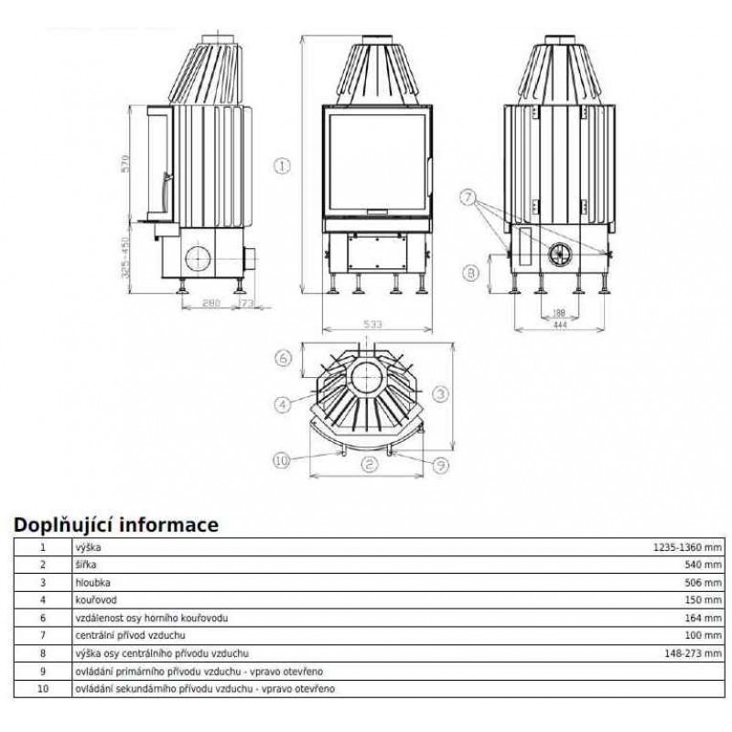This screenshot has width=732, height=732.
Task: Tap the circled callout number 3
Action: click(439, 393)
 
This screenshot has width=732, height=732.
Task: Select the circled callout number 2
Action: click(368, 465)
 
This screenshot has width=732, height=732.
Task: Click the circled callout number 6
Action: click(284, 358)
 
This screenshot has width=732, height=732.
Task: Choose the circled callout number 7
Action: click(468, 197)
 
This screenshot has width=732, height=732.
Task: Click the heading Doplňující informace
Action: click(114, 525)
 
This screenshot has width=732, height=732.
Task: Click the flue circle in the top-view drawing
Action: click(368, 377)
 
